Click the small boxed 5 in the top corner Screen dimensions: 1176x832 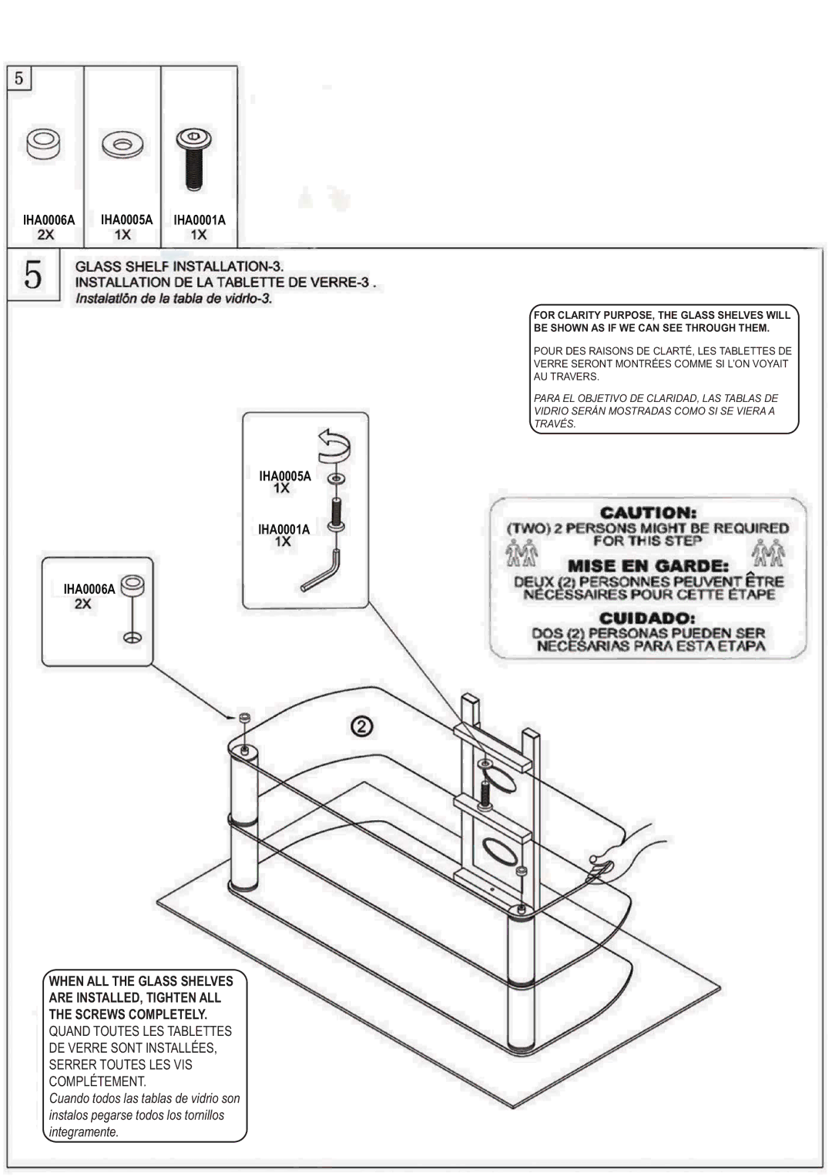18,79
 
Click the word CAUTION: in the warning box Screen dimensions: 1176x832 649,512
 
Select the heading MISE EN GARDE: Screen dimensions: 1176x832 649,565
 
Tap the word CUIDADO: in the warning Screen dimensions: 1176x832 649,618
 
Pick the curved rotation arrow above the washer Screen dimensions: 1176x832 337,445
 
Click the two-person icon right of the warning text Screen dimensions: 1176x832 768,551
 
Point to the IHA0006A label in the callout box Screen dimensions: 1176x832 89,589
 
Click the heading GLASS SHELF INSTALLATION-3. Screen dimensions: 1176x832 179,266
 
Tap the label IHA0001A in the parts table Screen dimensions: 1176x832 200,219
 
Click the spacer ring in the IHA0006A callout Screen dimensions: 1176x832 133,585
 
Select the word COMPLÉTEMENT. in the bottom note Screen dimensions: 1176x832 98,1081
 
